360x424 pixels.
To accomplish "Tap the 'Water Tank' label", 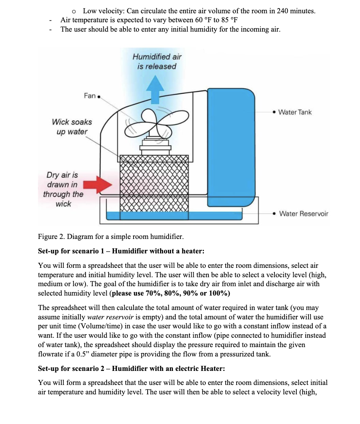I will tap(295, 112).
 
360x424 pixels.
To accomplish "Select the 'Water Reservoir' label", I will tap(304, 214).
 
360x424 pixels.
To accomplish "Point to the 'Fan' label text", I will tap(89, 96).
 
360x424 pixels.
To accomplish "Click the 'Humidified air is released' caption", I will tap(157, 62).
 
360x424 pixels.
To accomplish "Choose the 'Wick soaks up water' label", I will tap(72, 127).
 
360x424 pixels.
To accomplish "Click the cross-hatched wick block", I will tap(154, 183).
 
